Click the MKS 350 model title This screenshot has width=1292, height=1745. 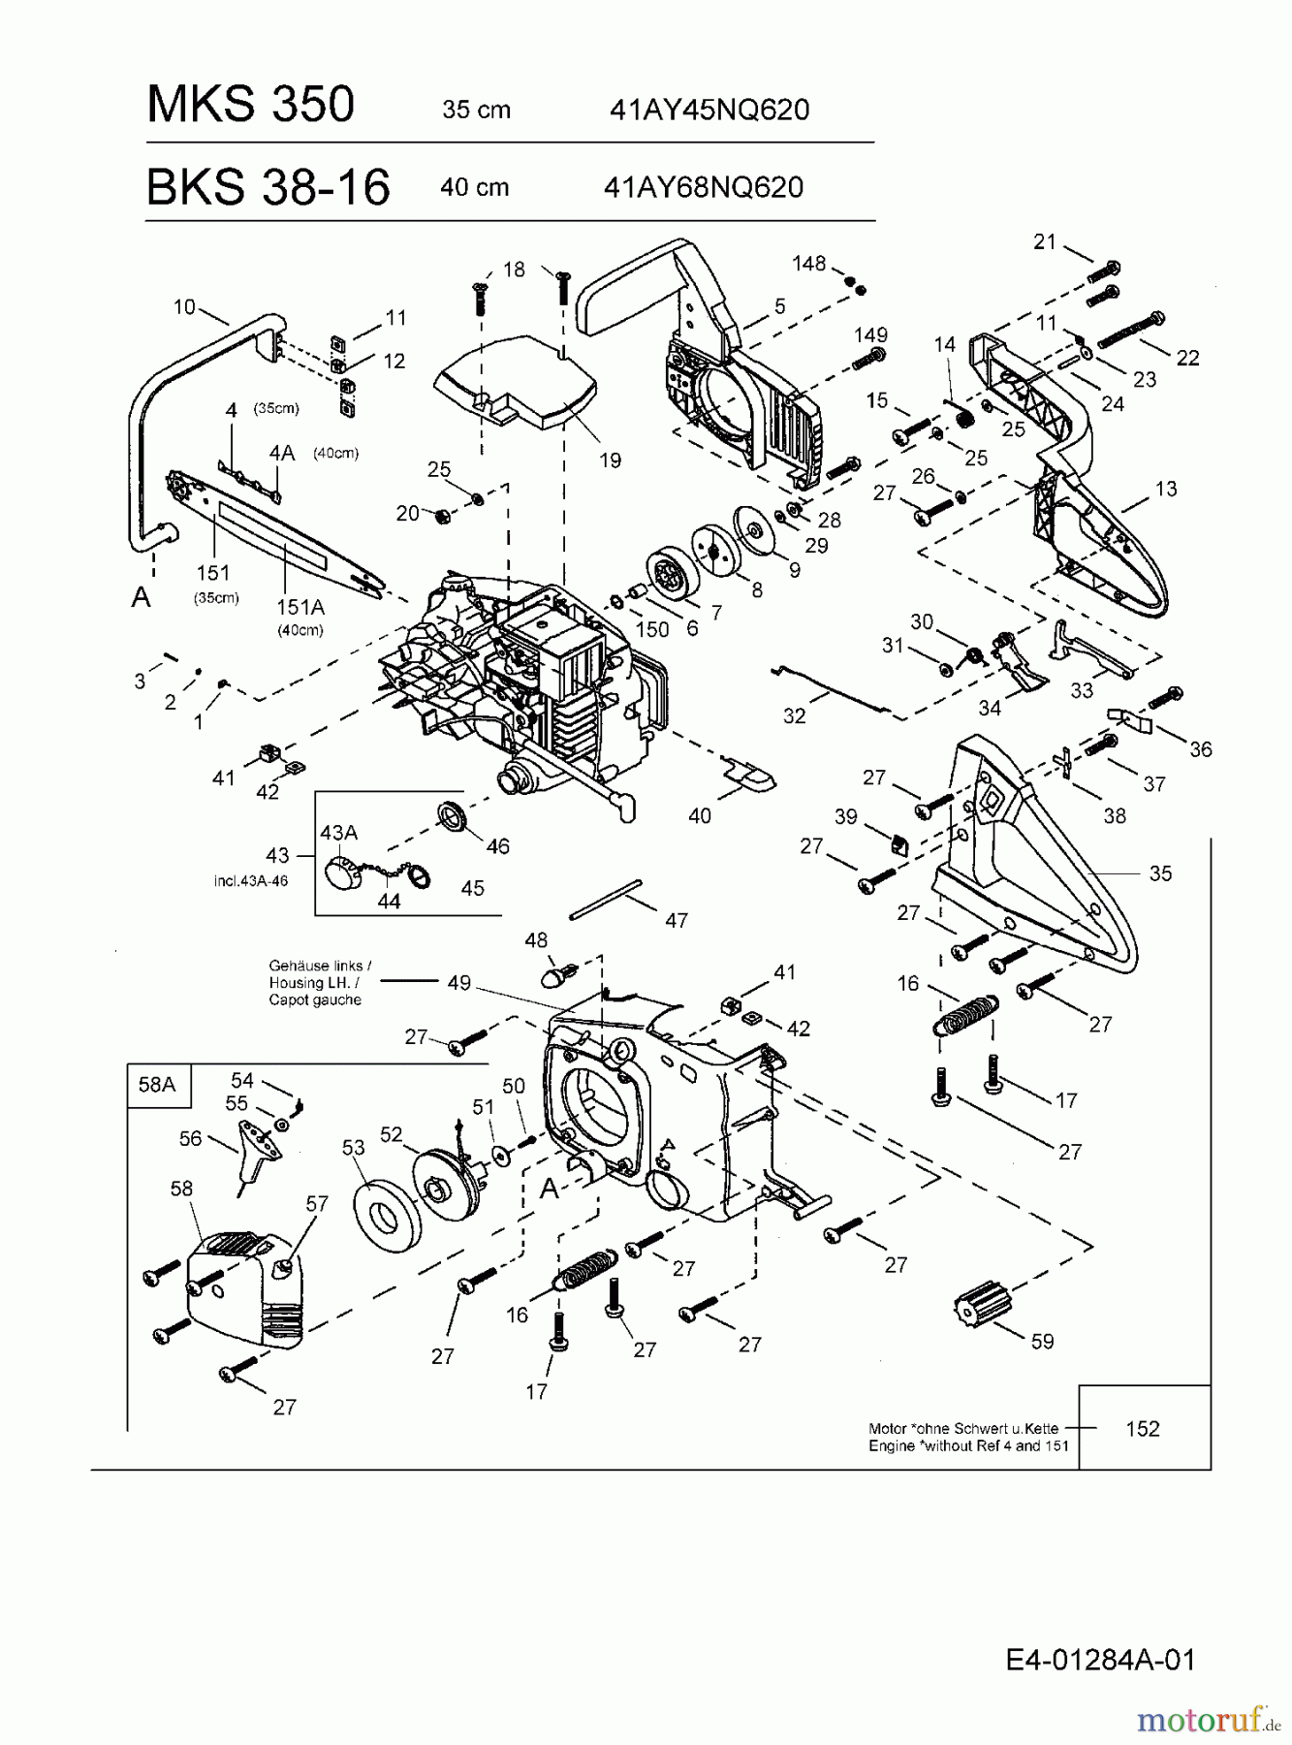(250, 104)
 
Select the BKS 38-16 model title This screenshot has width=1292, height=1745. (268, 186)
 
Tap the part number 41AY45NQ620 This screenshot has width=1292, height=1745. (709, 110)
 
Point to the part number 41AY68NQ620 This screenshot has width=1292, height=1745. (704, 186)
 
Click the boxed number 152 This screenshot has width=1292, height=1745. (1143, 1428)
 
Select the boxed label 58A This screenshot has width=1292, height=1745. (157, 1084)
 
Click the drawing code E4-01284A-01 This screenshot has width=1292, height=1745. (1100, 1660)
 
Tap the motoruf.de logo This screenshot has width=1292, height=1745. (1207, 1720)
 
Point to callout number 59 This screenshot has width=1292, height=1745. (1042, 1341)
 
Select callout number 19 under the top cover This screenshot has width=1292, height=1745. (610, 460)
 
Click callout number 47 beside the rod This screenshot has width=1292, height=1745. (676, 920)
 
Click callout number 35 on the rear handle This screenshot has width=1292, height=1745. (1160, 873)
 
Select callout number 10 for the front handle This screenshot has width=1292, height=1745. (184, 307)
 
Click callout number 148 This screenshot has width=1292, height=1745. (808, 264)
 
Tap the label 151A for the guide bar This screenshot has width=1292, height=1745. (299, 607)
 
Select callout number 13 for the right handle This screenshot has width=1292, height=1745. (1166, 489)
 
